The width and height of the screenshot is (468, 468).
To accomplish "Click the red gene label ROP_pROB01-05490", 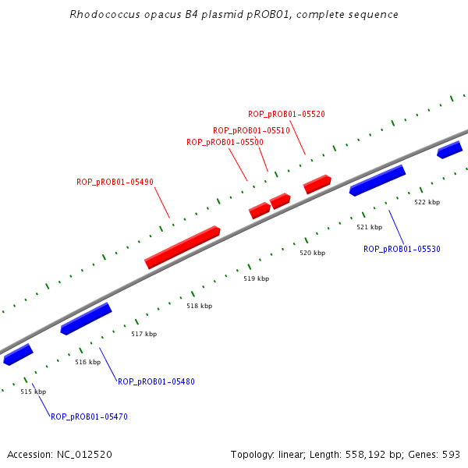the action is (115, 182).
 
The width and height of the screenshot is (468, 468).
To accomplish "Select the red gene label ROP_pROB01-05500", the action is (225, 142).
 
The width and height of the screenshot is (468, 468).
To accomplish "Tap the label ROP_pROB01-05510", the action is (251, 130).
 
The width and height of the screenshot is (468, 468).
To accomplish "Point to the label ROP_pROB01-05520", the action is (286, 114).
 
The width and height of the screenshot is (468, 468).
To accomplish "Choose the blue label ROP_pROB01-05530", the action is (402, 249).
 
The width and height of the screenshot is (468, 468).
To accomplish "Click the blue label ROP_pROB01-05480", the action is (156, 381).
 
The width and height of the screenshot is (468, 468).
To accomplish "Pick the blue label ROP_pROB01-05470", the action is (89, 417).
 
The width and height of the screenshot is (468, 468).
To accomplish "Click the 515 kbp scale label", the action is (33, 392).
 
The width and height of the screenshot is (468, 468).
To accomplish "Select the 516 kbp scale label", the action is (87, 362).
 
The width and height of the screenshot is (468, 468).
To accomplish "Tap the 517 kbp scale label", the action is (144, 334).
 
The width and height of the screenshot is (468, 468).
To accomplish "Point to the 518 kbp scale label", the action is (199, 306).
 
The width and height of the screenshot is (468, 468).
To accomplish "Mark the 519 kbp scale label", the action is (256, 278).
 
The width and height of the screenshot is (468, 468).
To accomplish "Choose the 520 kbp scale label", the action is (312, 253).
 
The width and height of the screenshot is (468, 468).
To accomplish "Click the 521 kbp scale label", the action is (369, 227).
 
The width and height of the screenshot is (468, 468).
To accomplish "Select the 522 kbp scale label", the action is (427, 202).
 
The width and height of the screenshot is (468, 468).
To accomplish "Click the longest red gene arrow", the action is (183, 247).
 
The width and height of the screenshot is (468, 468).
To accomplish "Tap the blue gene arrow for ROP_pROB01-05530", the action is (378, 180).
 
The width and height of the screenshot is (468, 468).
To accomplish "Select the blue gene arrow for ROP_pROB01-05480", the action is (86, 318).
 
